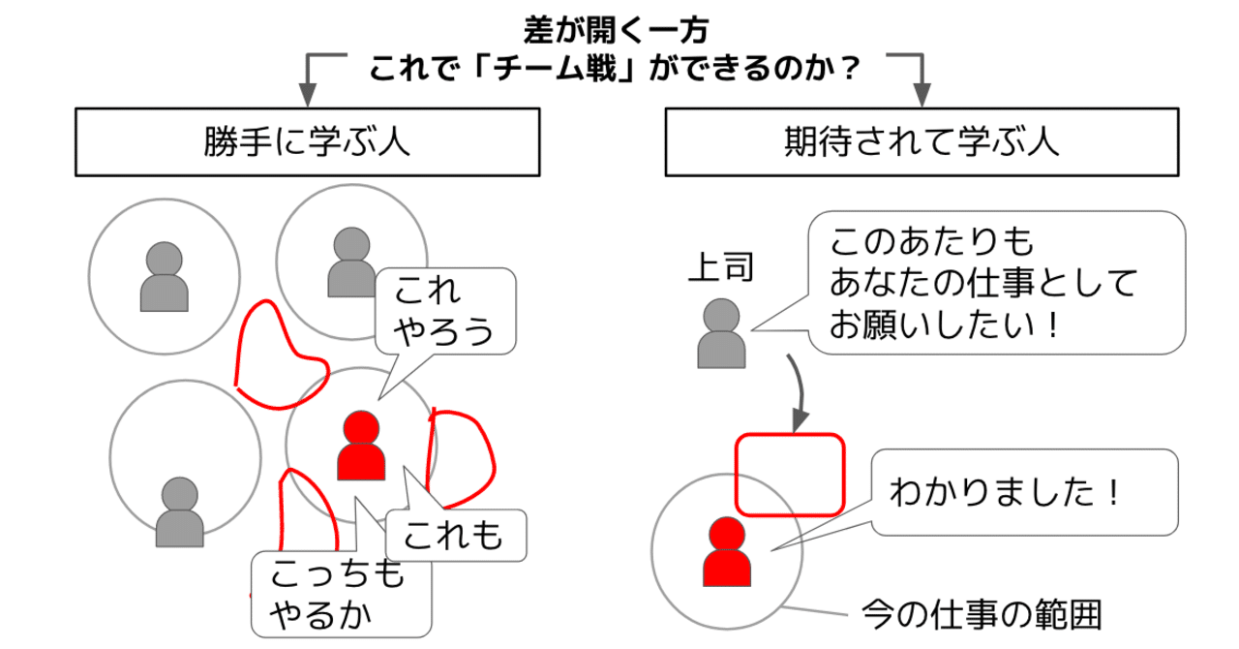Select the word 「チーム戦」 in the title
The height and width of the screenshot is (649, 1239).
coord(551,69)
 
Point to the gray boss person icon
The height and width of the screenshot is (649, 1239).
coord(721,334)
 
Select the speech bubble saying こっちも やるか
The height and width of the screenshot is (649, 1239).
coord(339,593)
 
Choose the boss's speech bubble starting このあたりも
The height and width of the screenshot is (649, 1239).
coord(997,282)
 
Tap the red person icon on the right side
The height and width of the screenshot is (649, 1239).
coord(726,552)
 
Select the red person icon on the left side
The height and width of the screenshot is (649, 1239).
coord(361,447)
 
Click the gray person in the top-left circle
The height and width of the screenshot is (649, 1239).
coord(164,278)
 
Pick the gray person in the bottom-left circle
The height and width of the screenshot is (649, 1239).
coord(179,513)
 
